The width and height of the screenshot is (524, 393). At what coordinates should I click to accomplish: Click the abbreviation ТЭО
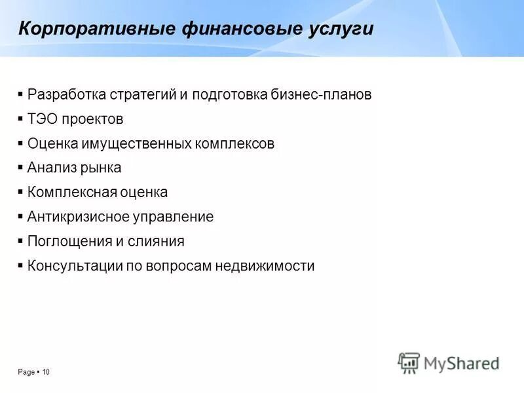(41, 119)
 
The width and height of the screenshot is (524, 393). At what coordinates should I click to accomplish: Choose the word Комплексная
(72, 193)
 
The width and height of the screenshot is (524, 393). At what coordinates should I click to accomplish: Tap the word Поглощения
(70, 241)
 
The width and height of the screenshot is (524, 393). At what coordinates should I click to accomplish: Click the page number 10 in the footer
(46, 372)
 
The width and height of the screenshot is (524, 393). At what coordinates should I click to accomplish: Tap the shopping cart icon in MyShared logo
(409, 363)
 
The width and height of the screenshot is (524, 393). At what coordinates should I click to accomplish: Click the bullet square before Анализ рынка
(21, 168)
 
